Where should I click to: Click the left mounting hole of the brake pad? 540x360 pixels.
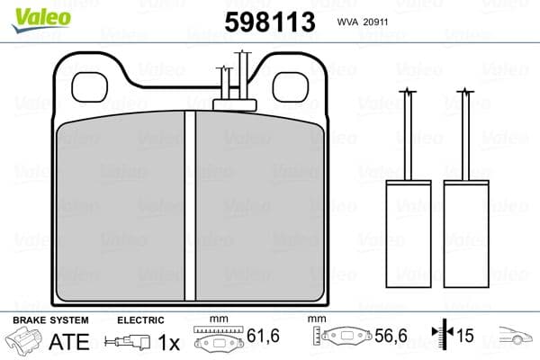(x=90, y=86)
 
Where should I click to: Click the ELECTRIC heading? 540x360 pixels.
(x=140, y=320)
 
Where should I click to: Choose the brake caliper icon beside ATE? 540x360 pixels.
(x=26, y=343)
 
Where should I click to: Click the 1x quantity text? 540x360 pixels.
(x=167, y=343)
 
